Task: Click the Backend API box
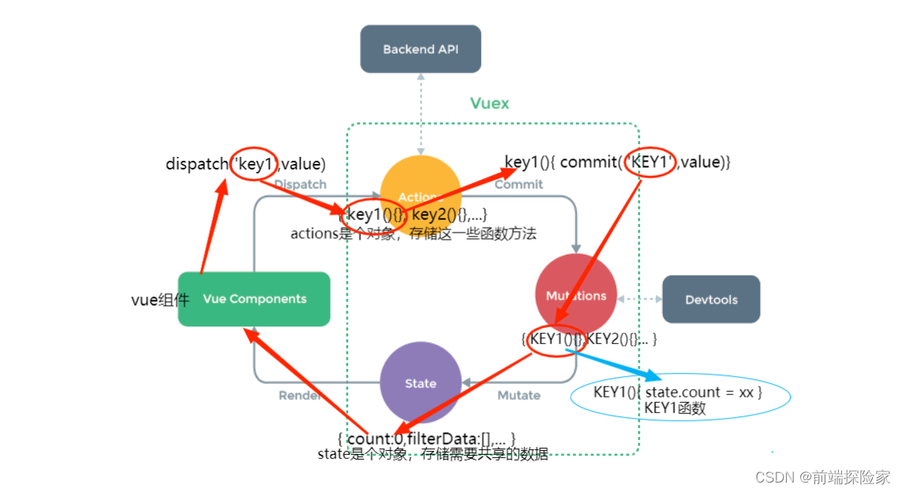(420, 49)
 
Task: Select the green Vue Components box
(254, 299)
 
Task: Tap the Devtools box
(710, 299)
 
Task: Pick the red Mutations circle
(576, 284)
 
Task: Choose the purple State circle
(420, 383)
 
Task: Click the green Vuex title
(489, 103)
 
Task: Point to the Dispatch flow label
(300, 184)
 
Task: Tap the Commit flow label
(518, 184)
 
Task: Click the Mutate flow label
(518, 395)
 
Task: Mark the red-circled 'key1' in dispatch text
(253, 164)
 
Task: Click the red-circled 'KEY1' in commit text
(649, 162)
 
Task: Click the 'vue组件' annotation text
(159, 300)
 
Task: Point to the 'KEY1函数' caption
(675, 408)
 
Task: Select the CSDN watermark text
(822, 477)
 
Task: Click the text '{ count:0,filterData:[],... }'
(426, 438)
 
